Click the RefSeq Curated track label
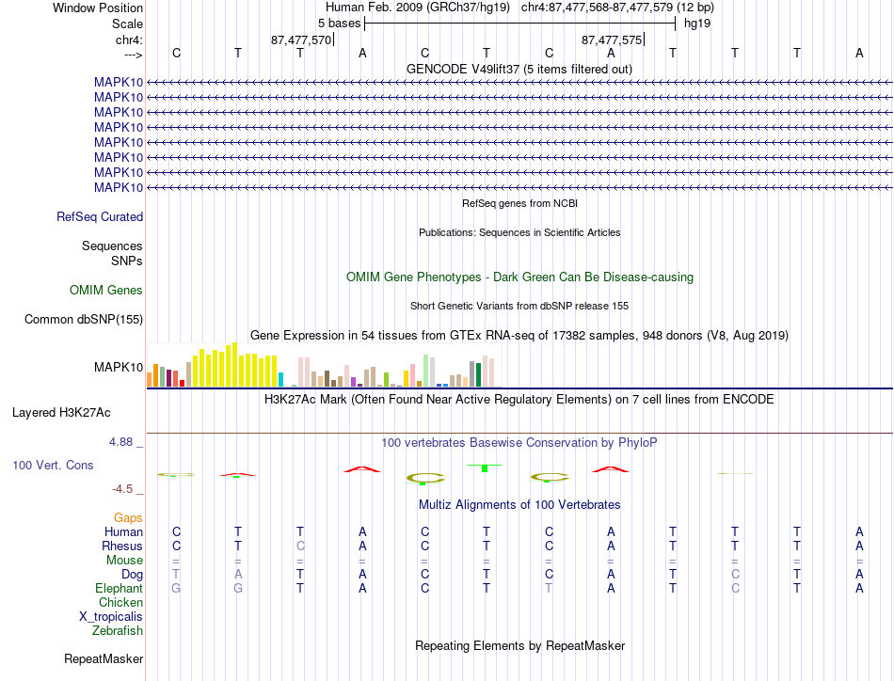pos(100,216)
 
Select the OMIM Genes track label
pos(106,290)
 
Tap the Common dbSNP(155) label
pos(84,319)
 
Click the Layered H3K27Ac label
pos(61,413)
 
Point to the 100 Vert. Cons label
pos(53,465)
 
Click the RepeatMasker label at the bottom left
pos(104,658)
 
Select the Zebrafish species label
pos(118,631)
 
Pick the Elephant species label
pos(120,588)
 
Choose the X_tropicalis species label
pos(111,617)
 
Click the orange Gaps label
pos(128,517)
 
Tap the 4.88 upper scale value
pos(120,442)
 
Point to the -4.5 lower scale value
pos(122,489)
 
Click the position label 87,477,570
pos(301,40)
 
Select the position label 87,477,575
pos(612,40)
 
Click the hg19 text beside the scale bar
pos(697,24)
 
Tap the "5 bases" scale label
pos(339,24)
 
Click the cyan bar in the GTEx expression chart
pos(280,380)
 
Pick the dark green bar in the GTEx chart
pos(478,375)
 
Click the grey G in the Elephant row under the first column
pos(176,588)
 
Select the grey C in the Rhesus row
pos(300,546)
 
